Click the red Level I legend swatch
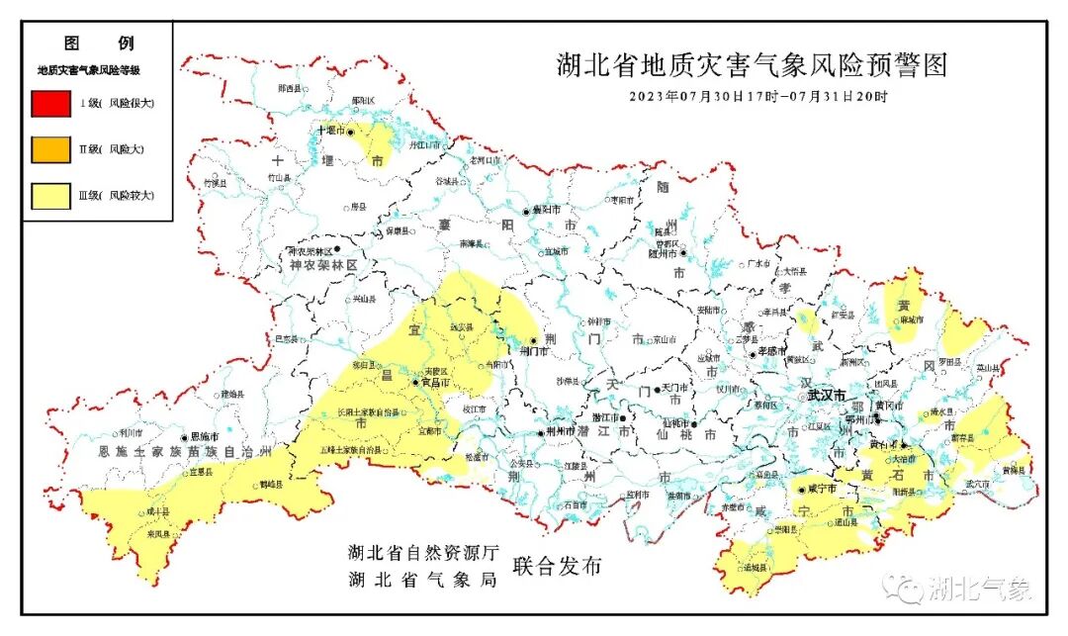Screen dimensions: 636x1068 50,103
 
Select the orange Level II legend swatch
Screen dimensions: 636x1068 50,149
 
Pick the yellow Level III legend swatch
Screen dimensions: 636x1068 50,196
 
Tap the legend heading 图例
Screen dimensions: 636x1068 98,44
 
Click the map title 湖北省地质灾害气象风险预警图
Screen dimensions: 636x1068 751,65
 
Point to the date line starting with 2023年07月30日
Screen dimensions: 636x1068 758,97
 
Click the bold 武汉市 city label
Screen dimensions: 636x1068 826,395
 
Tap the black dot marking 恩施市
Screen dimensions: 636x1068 184,437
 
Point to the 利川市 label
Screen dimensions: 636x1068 132,432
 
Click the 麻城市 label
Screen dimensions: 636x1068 911,319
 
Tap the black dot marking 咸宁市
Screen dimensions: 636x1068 800,489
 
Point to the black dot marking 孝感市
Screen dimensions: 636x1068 754,352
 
